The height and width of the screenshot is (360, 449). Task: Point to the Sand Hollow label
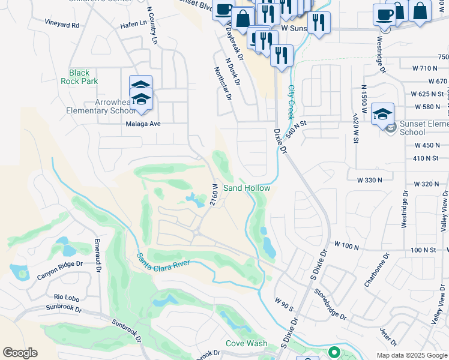[x=247, y=188]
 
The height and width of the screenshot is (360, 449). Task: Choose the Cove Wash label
[x=246, y=344]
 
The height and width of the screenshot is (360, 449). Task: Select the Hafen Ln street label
[x=133, y=23]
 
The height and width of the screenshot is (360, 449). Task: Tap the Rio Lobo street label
[x=67, y=297]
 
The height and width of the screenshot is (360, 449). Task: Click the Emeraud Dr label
[x=97, y=256]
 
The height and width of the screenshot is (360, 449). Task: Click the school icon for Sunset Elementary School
[x=382, y=113]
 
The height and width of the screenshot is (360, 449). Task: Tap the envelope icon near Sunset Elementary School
[x=391, y=128]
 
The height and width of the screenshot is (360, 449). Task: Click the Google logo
[x=20, y=353]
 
